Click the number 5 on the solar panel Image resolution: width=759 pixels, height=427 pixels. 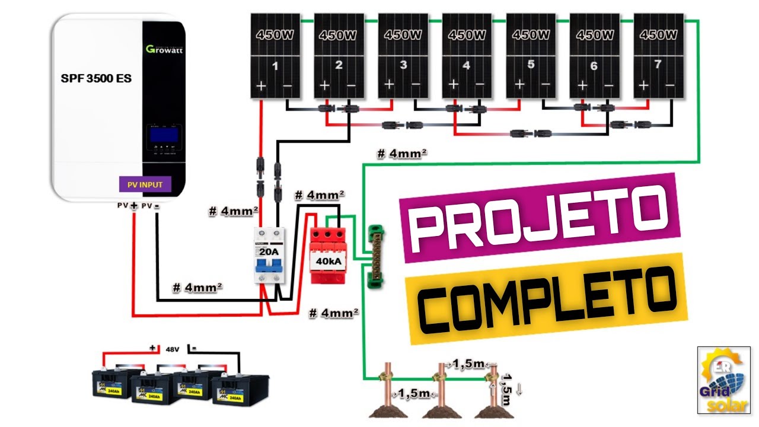[531, 64]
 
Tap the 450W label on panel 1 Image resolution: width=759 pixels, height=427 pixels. [275, 35]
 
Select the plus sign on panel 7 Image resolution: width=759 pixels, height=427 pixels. [643, 87]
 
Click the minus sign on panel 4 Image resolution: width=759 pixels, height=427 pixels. [480, 87]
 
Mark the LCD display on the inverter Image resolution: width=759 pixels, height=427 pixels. [164, 133]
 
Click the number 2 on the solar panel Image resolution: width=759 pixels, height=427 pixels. [339, 65]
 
